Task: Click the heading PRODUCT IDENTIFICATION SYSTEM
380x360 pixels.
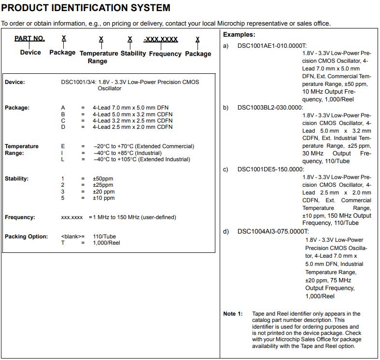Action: tap(86, 8)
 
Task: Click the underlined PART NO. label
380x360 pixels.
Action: tap(29, 39)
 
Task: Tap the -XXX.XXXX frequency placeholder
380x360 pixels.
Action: tap(161, 40)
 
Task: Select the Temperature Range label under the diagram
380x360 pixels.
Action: tap(99, 57)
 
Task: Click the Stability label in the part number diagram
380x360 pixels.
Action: tap(133, 53)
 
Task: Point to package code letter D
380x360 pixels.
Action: tap(63, 127)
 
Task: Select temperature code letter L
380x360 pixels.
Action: tap(63, 159)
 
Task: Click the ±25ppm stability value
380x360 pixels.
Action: tap(103, 185)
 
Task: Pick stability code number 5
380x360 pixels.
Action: tap(63, 198)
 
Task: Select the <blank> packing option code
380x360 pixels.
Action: tap(71, 236)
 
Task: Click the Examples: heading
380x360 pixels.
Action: tap(239, 35)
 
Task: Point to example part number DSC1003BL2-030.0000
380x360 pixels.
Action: tap(270, 108)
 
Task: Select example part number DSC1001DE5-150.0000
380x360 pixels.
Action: tap(271, 169)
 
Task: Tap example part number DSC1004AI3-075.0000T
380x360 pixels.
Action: tap(273, 232)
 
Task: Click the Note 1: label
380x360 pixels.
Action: tap(233, 314)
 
